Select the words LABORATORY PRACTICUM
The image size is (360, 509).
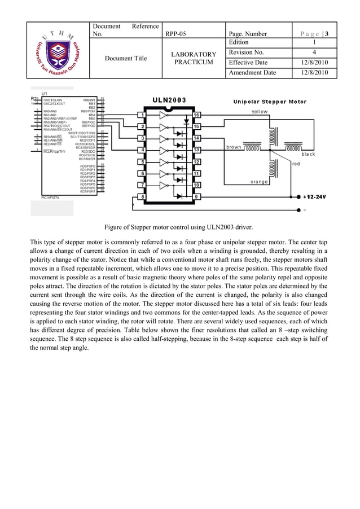[194, 58]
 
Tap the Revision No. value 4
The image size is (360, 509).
[314, 52]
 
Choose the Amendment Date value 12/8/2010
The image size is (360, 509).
[314, 73]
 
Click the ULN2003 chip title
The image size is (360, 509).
[169, 100]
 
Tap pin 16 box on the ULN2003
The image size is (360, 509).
[196, 115]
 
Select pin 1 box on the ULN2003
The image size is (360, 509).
[143, 115]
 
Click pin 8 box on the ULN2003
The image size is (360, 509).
[143, 196]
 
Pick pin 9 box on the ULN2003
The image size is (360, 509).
[196, 196]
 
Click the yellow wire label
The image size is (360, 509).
[260, 112]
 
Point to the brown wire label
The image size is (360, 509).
[234, 147]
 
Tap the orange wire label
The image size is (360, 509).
[259, 182]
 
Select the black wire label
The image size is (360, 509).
[309, 154]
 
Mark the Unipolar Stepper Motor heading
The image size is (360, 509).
[270, 102]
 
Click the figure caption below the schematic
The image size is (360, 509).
[179, 228]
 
